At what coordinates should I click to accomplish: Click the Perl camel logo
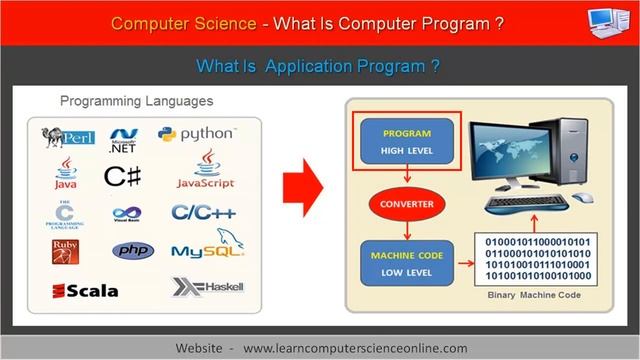point(67,136)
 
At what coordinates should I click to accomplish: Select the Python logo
point(196,134)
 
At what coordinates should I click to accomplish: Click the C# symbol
point(122,176)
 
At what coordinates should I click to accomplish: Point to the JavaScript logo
point(205,171)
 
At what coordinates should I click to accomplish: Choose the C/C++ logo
point(203,212)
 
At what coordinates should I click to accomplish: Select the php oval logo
point(132,250)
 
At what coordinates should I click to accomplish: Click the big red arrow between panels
point(305,189)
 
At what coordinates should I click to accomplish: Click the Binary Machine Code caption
point(532,297)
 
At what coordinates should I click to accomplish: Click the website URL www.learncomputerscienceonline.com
point(355,346)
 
